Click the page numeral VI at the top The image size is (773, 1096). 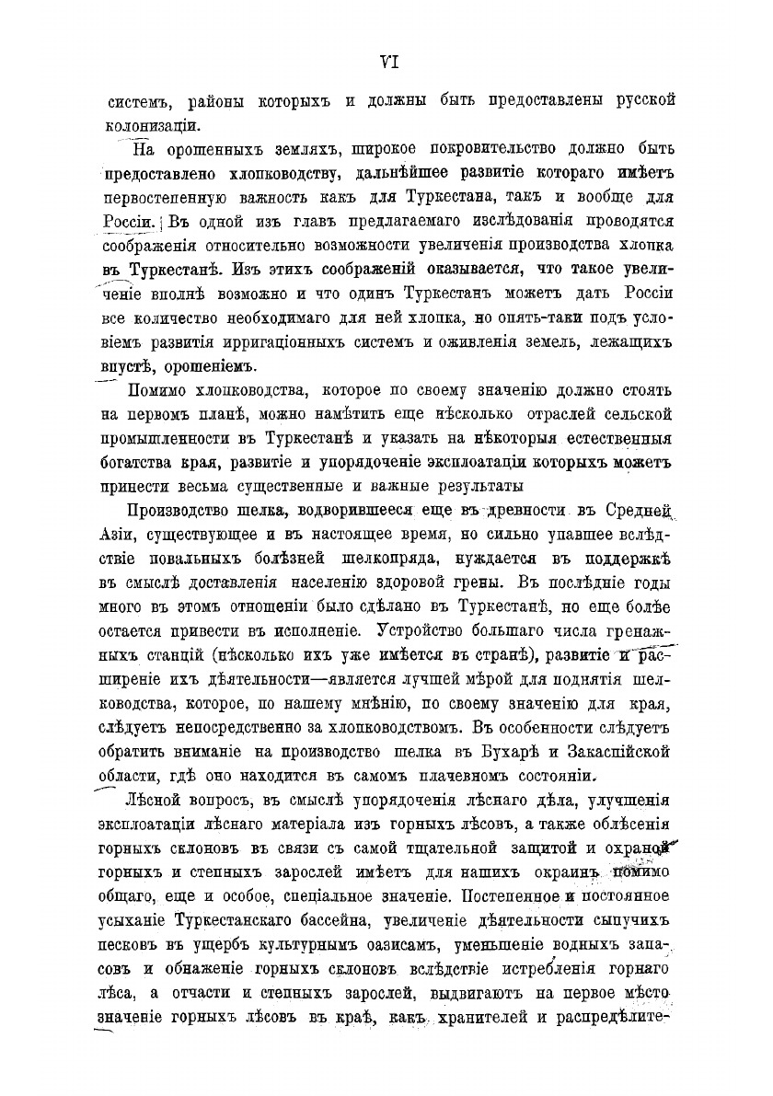tap(387, 63)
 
